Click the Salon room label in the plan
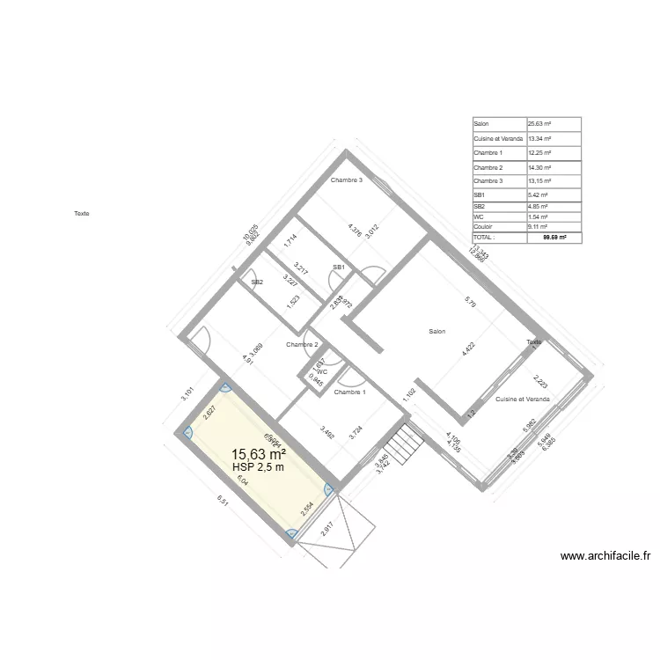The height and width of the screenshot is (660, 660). [436, 332]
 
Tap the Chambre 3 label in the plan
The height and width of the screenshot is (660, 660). [346, 180]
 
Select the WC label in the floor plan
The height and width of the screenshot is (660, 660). [322, 372]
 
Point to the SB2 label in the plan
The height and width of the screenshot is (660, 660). [257, 282]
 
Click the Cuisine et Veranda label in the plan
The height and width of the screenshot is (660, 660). [522, 400]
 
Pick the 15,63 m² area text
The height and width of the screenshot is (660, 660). [258, 454]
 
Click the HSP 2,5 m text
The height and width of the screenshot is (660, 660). [258, 467]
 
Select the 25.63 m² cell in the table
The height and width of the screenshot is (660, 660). [539, 124]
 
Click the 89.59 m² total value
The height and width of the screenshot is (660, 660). [554, 238]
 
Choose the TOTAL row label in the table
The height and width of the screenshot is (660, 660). [485, 238]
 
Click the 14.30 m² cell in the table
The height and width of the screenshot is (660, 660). [539, 167]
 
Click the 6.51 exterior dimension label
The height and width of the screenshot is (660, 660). [223, 502]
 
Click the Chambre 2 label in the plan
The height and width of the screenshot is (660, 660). [302, 345]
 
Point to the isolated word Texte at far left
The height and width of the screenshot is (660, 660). [82, 213]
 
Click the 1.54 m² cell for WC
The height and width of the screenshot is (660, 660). [538, 216]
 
